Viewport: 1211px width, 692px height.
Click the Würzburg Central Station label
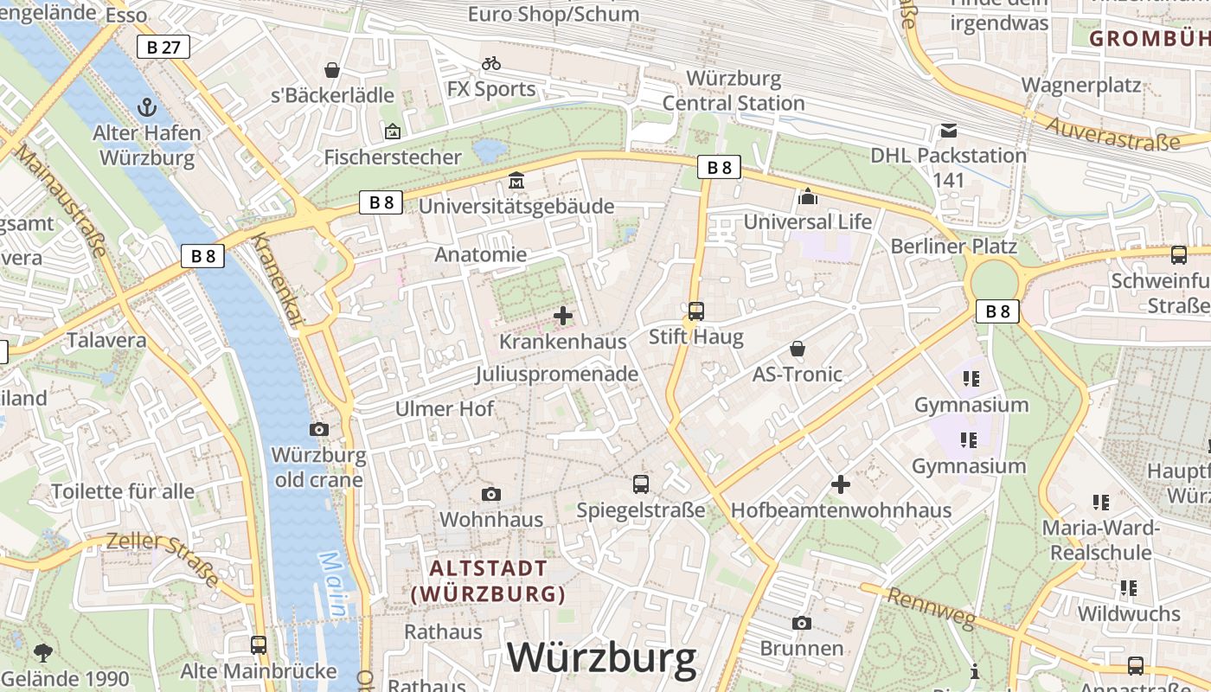click(734, 91)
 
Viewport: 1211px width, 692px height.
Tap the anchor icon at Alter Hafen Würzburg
click(147, 107)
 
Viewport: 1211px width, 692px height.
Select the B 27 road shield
click(163, 47)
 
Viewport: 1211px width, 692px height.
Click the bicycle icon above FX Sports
click(491, 63)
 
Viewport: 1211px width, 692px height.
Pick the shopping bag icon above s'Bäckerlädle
click(331, 70)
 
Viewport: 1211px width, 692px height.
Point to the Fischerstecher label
click(393, 157)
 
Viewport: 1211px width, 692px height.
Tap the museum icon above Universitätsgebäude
click(516, 181)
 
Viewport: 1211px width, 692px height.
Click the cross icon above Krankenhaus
click(562, 316)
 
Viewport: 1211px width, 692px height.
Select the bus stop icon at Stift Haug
click(696, 311)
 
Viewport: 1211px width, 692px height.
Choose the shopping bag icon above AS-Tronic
click(797, 349)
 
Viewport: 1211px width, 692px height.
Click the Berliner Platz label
click(954, 246)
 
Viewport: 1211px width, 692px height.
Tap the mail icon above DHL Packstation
click(949, 131)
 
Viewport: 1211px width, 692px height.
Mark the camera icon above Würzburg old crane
click(318, 429)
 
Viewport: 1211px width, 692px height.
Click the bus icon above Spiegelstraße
click(640, 484)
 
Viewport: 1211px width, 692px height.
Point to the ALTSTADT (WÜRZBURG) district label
click(489, 581)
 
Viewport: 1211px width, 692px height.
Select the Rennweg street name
click(931, 608)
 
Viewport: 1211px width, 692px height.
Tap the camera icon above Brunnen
click(801, 623)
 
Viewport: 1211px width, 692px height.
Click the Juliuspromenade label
click(556, 374)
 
